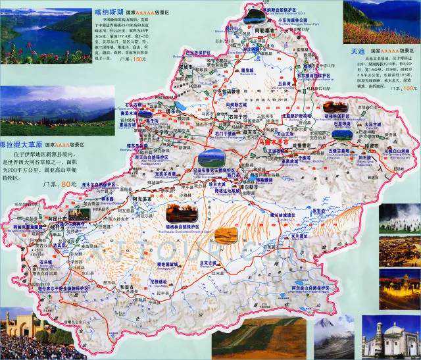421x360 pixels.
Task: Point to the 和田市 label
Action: (x=127, y=286)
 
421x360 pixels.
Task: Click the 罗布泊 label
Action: (x=318, y=211)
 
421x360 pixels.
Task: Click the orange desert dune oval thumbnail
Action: (x=226, y=235)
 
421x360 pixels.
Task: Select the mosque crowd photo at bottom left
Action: (x=30, y=336)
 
